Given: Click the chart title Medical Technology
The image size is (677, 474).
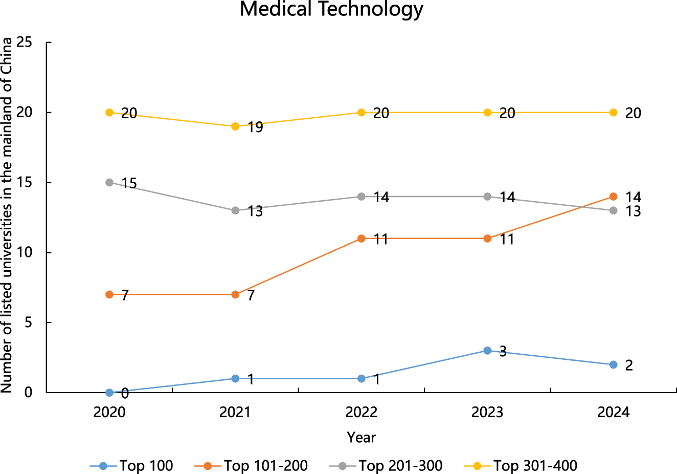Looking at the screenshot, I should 331,9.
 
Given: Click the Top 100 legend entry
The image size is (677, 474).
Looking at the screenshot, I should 132,466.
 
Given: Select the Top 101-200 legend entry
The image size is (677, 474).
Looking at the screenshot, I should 252,466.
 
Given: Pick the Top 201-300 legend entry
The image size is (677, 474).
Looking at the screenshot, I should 386,466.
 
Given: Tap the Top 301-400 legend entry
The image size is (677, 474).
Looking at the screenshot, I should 521,466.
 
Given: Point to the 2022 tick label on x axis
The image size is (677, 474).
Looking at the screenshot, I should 362,412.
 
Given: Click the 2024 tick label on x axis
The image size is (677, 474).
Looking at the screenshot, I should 613,412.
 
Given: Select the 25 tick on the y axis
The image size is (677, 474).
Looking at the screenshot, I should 25,42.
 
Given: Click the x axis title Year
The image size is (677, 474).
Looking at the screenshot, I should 362,438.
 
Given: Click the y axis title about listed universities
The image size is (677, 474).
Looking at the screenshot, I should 7,216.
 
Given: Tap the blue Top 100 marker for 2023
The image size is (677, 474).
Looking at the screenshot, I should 487,351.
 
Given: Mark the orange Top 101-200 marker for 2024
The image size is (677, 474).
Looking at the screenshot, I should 613,197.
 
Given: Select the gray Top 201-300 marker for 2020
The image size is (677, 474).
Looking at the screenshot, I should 109,182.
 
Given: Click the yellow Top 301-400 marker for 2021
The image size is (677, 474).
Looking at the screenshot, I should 235,126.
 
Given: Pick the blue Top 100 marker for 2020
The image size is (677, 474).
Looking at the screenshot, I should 109,393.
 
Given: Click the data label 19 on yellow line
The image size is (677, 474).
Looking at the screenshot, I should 255,127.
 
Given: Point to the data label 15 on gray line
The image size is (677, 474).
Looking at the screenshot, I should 129,183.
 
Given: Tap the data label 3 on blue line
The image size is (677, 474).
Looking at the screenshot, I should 503,352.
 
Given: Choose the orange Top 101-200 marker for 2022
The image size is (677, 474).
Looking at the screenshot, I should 362,239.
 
